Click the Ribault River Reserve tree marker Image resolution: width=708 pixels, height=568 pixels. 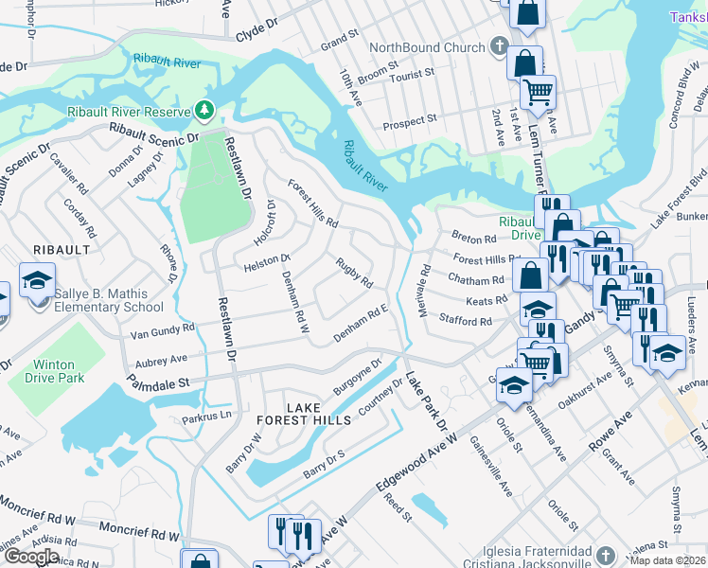click(x=204, y=111)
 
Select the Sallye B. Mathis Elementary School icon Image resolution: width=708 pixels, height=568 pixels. click(x=37, y=282)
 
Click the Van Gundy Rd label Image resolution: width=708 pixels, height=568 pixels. click(x=162, y=329)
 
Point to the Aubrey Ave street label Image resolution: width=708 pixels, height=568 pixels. click(x=162, y=361)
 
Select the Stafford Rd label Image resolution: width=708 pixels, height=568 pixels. click(x=466, y=322)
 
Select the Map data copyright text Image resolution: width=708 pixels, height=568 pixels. click(x=668, y=560)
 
